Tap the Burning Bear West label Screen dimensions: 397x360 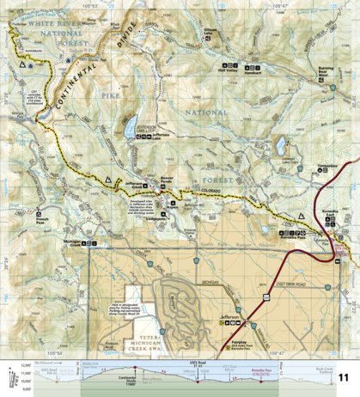[x=324, y=75]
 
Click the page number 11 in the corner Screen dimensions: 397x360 [x=344, y=378]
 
